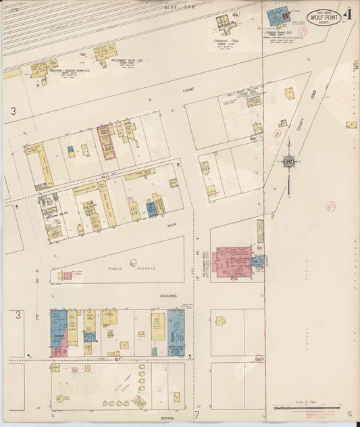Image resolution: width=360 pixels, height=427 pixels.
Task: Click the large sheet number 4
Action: coord(347,14)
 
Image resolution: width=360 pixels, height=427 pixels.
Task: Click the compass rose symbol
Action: coord(288,162)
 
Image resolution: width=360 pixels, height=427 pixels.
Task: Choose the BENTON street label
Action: coord(167,418)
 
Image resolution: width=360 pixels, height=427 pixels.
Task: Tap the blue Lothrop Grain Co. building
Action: coord(276,16)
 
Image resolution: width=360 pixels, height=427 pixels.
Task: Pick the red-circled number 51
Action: coord(331,205)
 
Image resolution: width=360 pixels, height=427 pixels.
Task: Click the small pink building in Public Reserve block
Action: coord(68,275)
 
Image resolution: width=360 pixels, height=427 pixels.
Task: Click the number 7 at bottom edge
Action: coord(197,414)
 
